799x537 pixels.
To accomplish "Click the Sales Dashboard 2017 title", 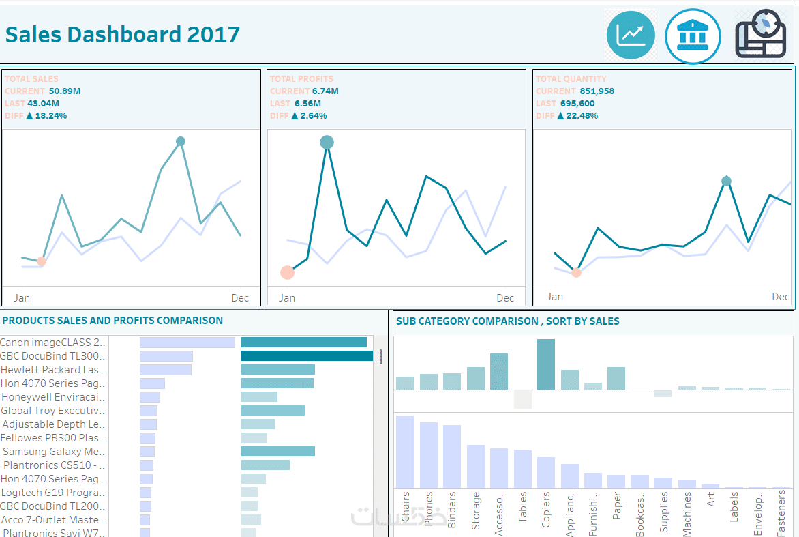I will (123, 34).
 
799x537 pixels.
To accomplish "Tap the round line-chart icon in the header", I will (630, 35).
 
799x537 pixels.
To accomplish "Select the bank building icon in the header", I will (693, 36).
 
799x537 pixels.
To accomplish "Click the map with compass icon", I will (761, 34).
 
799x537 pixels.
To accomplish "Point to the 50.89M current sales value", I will (65, 91).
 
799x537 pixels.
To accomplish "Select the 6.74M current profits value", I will (326, 91).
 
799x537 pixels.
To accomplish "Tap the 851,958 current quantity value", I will (597, 91).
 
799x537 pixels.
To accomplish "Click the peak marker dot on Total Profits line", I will (327, 142).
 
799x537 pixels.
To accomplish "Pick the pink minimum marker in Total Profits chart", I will (287, 273).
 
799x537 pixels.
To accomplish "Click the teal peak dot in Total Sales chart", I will (181, 141).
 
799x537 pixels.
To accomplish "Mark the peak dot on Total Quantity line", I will (727, 181).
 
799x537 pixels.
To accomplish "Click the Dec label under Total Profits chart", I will (505, 298).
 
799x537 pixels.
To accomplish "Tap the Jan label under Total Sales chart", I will (22, 298).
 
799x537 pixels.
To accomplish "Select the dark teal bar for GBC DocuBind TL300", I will (307, 356).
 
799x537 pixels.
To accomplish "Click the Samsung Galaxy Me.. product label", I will (54, 452).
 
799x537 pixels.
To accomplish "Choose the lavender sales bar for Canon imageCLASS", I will (187, 343).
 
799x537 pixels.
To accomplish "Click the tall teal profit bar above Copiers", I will (546, 364).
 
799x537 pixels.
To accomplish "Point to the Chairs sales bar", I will (405, 451).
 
